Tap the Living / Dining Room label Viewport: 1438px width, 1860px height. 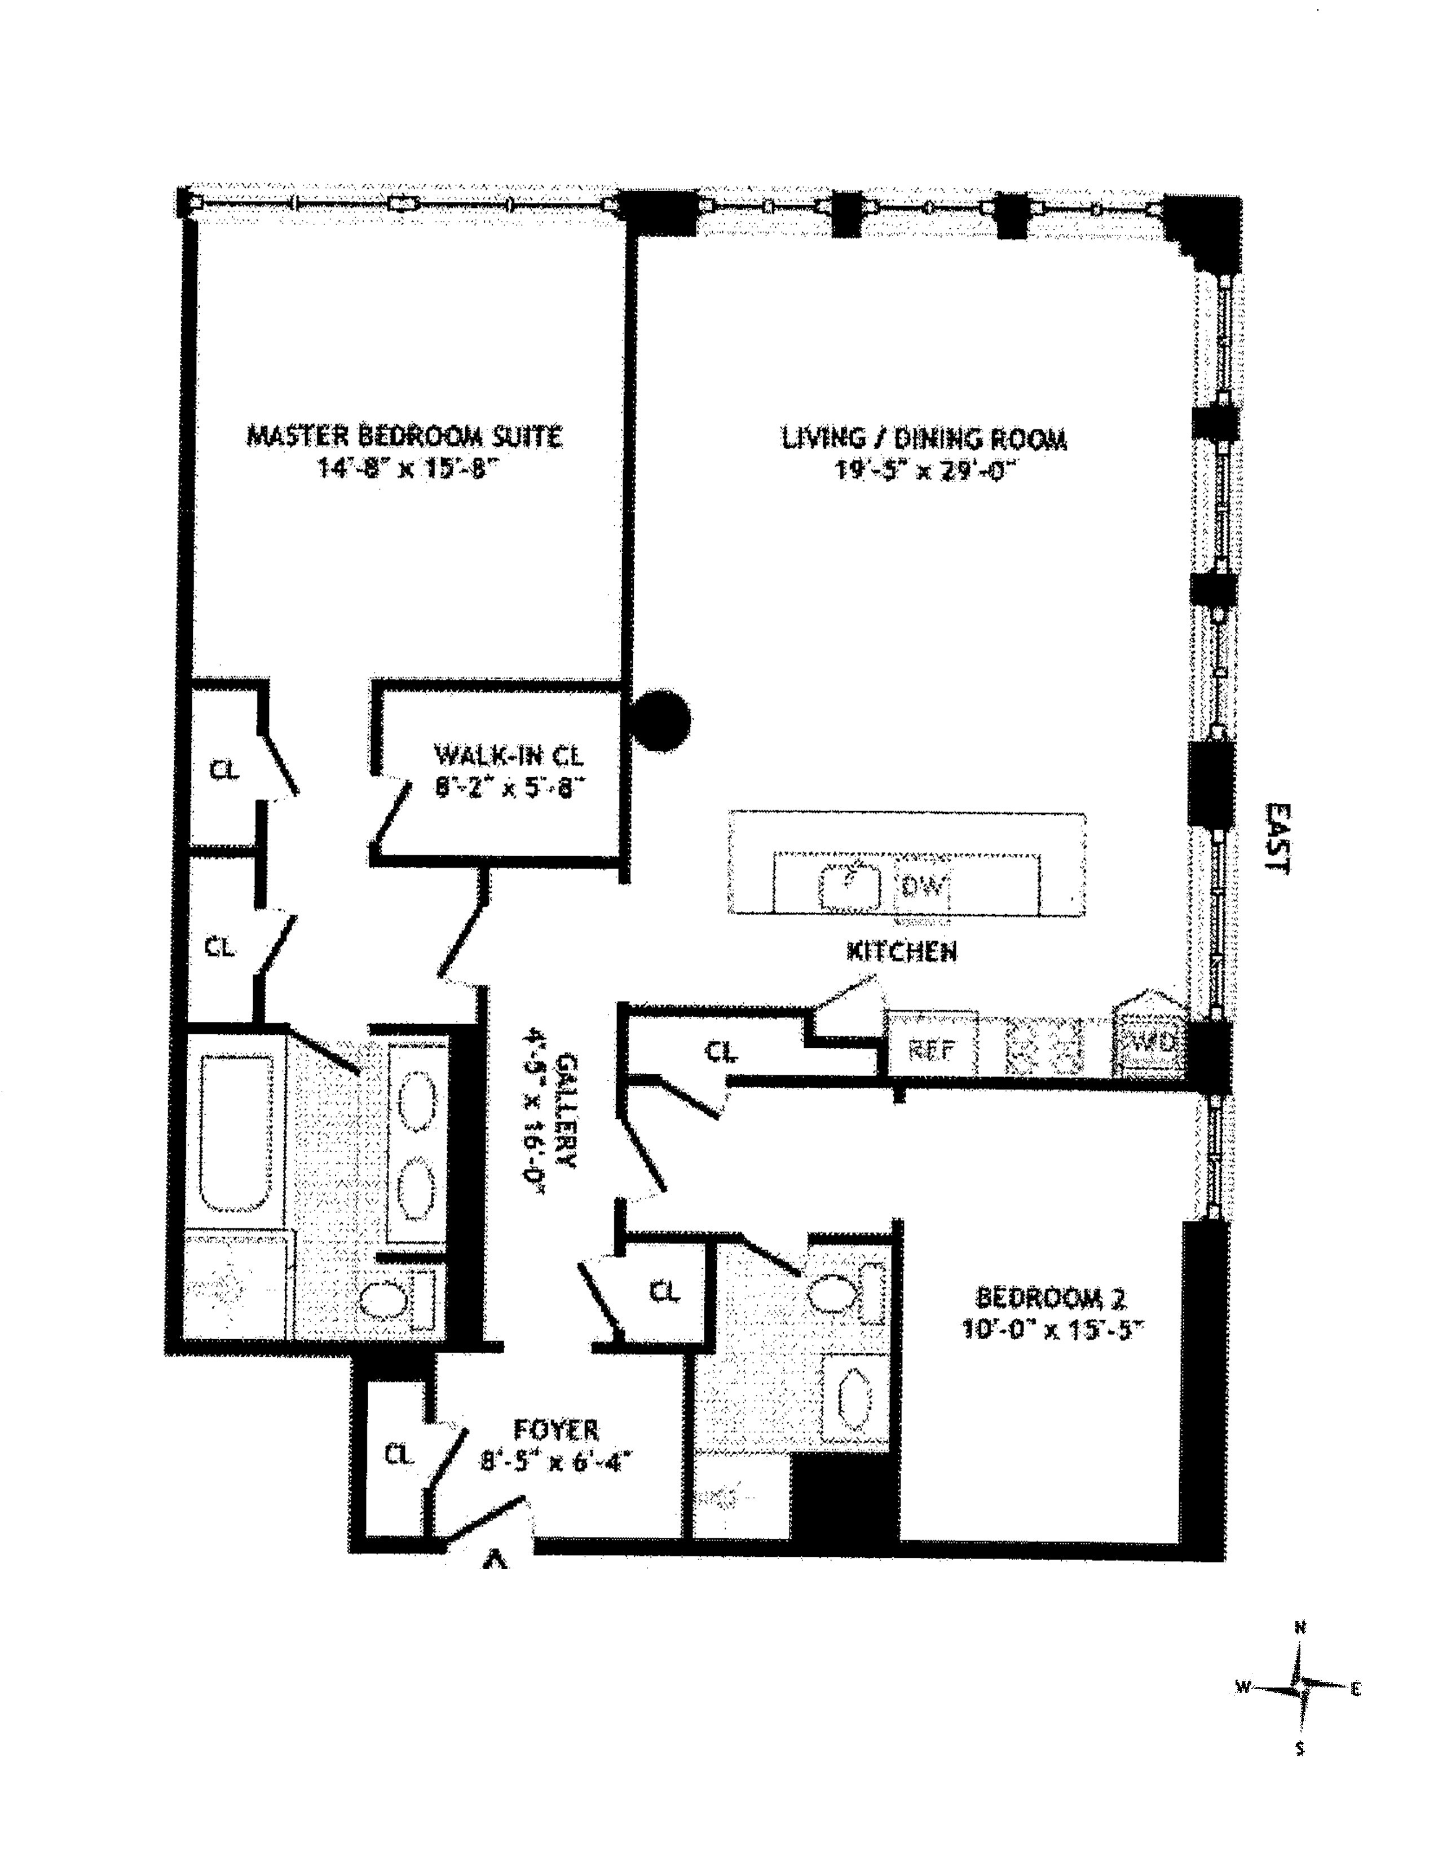[924, 440]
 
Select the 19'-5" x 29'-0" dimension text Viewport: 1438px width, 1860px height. [924, 471]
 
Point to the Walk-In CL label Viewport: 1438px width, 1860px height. [509, 755]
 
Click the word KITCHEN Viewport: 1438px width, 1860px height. [901, 951]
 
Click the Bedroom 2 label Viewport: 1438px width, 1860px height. [1051, 1298]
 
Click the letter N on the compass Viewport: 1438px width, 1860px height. [1300, 1628]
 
